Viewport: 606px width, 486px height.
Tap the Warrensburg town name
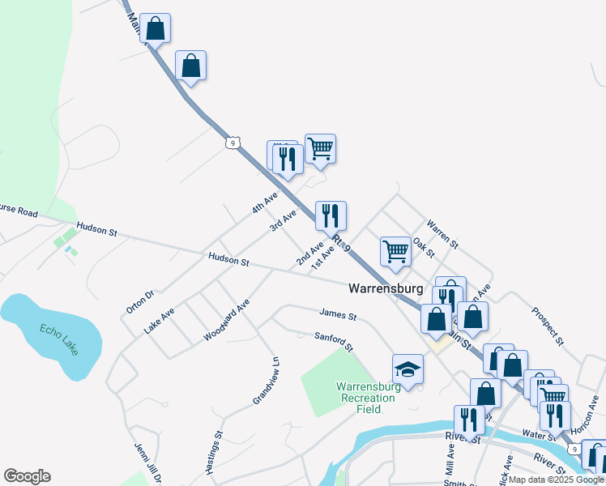(x=386, y=288)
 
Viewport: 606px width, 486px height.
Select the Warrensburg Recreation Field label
(x=369, y=398)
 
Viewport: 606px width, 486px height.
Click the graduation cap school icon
(x=408, y=370)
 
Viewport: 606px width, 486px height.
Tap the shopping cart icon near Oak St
(x=395, y=251)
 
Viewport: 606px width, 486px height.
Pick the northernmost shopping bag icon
(x=156, y=28)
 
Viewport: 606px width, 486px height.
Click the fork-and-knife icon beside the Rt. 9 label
(x=331, y=215)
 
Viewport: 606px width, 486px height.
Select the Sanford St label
(x=335, y=341)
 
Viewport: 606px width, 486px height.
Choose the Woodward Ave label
(x=226, y=319)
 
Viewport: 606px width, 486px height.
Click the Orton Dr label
(x=139, y=302)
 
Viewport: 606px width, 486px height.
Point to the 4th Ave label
(x=264, y=202)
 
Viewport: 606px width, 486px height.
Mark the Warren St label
(x=442, y=233)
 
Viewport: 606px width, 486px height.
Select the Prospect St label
(x=547, y=322)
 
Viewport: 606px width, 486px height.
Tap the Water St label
(x=539, y=436)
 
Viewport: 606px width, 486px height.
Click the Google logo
(x=27, y=476)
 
